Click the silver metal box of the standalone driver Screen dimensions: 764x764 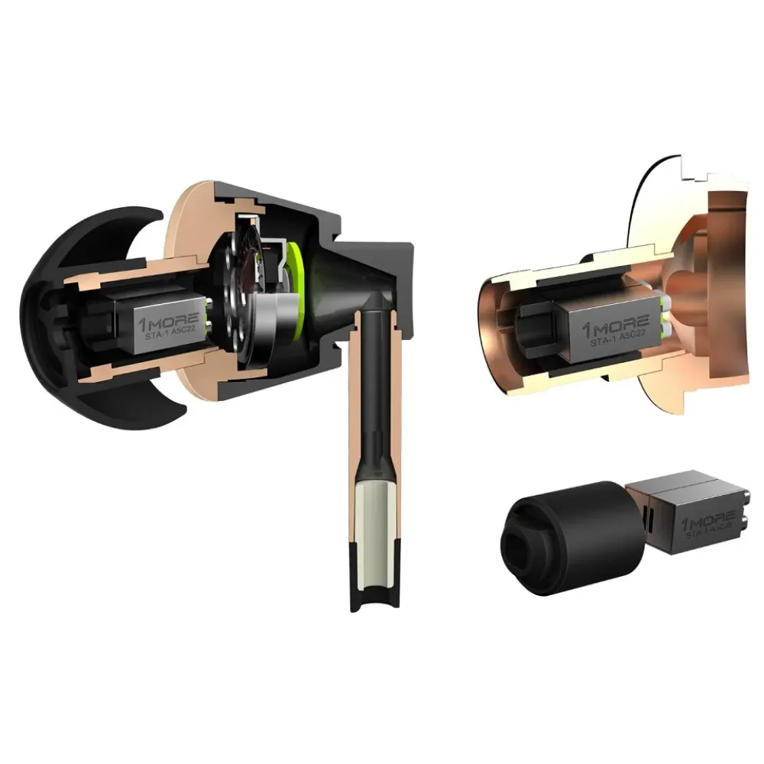(x=688, y=508)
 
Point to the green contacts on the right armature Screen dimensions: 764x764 (x=666, y=316)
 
